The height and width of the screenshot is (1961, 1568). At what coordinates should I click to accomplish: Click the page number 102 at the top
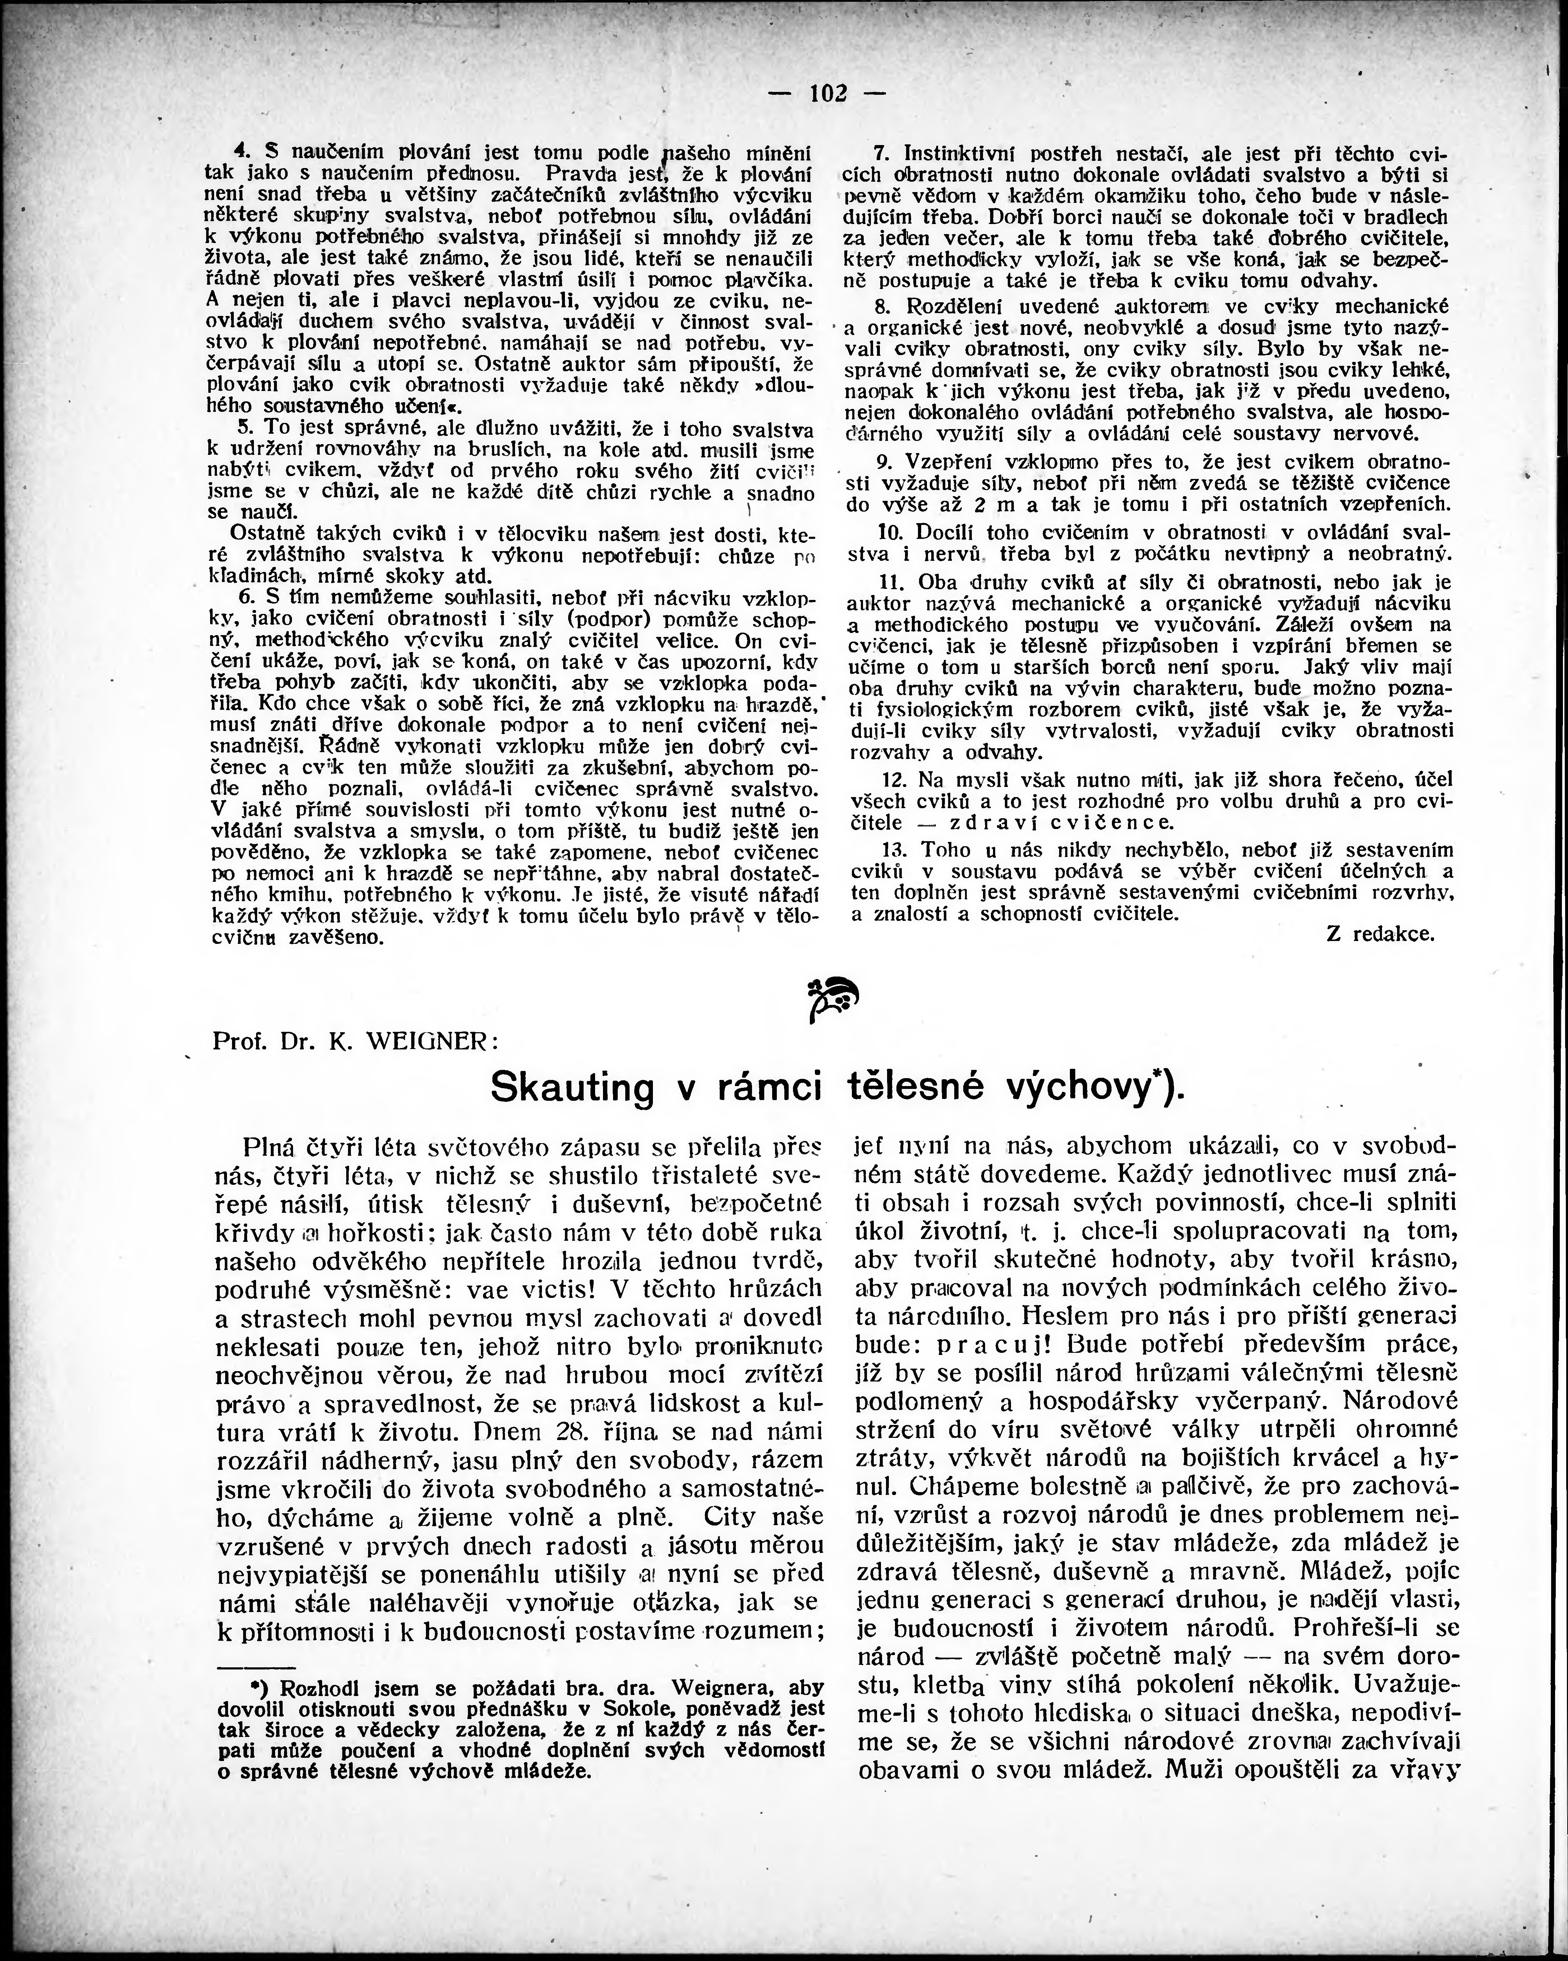click(x=827, y=93)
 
